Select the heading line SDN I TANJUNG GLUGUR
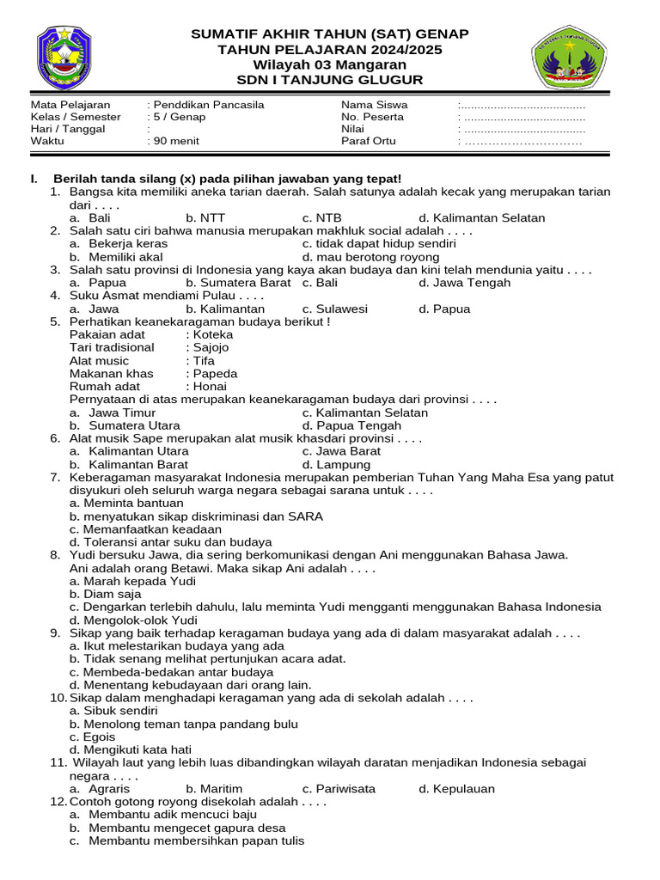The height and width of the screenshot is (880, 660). point(330,80)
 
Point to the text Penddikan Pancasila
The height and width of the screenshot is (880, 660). point(209,105)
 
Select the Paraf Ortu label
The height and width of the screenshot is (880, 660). point(369,141)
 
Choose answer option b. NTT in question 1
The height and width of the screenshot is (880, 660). point(205,218)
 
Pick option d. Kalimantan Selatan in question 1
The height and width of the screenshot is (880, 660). point(481,218)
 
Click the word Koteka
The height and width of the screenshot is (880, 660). point(213,334)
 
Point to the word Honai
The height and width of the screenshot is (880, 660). point(210,387)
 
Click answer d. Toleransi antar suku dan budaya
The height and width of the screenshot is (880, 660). point(170,542)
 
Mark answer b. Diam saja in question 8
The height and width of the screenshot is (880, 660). point(106,594)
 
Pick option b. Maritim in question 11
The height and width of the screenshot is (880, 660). point(214,789)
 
